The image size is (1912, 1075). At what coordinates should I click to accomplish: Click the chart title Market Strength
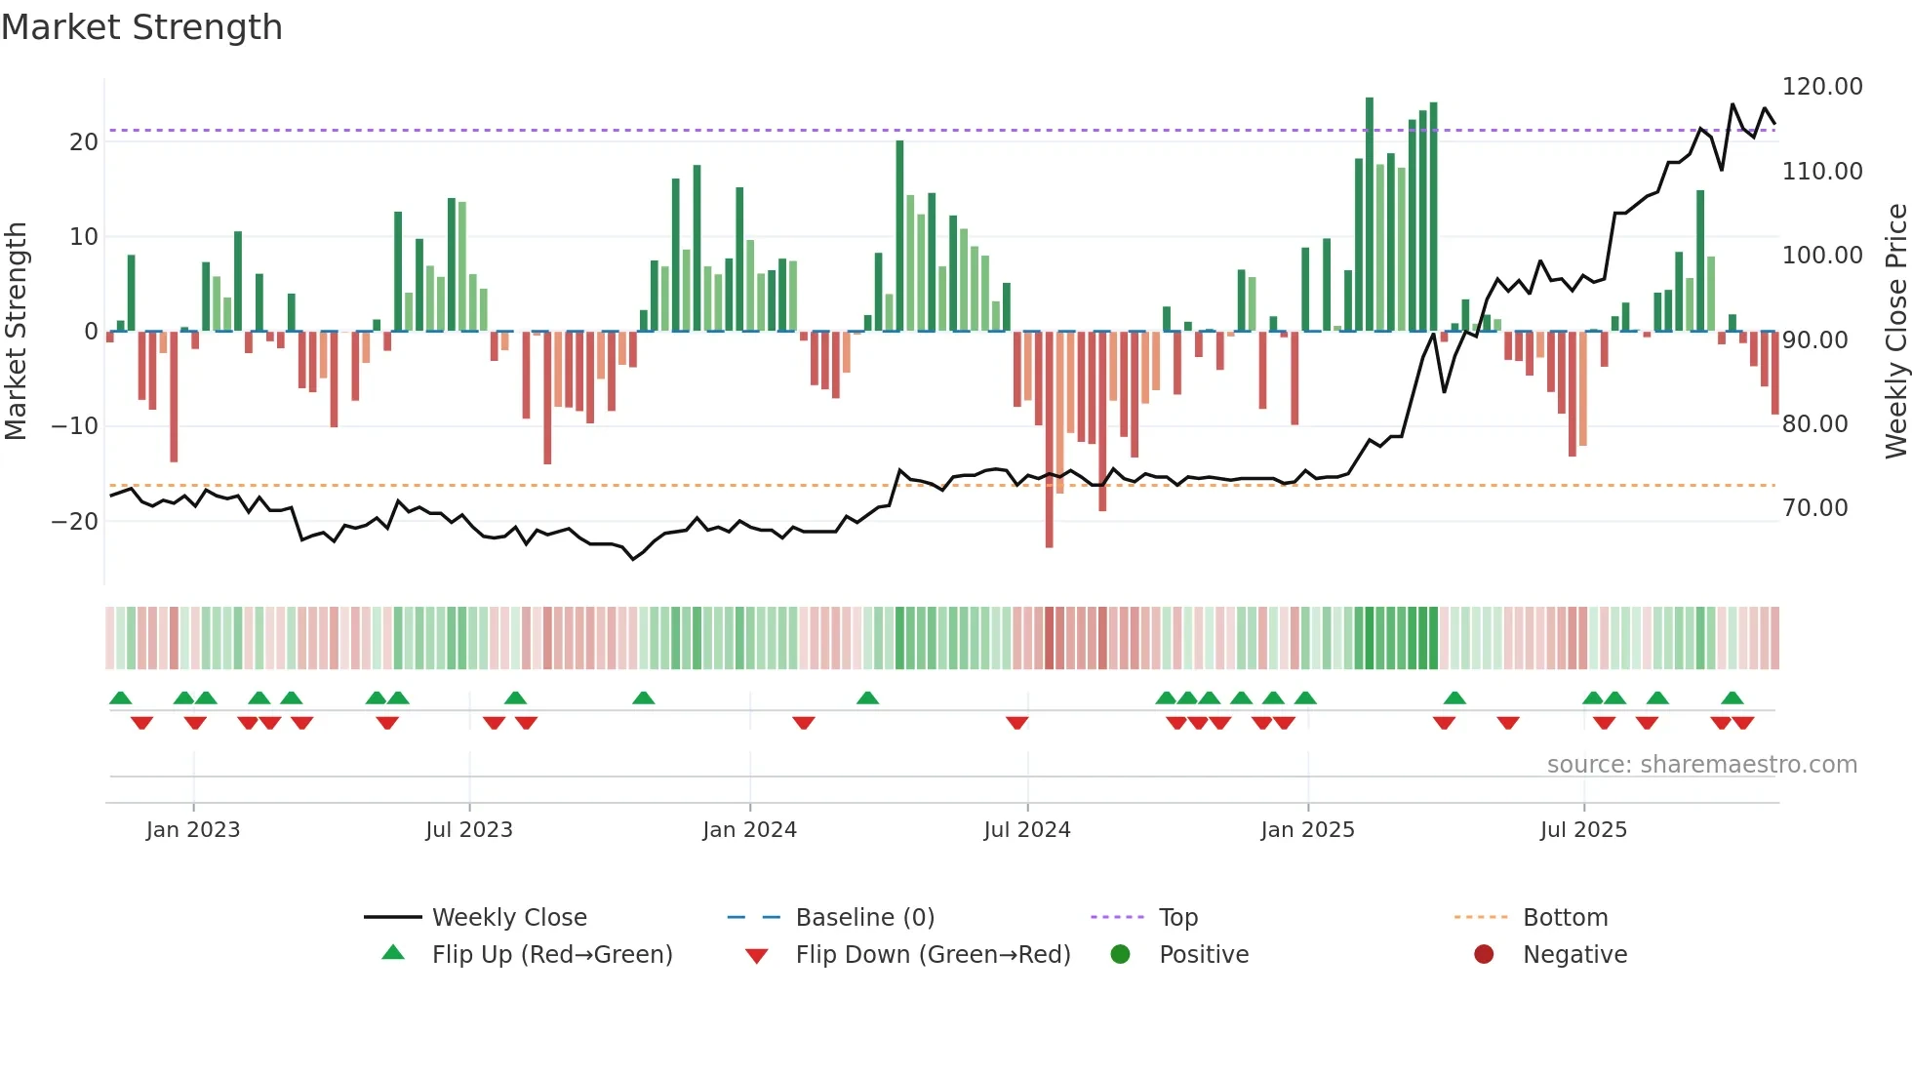coord(141,27)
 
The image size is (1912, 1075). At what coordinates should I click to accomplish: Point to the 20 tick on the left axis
coord(84,142)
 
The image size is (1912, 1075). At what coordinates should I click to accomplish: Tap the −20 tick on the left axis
coord(75,521)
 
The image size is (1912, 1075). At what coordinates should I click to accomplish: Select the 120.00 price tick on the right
coord(1821,87)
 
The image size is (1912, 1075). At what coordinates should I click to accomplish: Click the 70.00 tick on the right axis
coord(1814,508)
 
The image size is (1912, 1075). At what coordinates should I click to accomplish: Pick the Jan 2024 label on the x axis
coord(749,830)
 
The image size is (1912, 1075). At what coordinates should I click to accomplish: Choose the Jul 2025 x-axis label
coord(1583,830)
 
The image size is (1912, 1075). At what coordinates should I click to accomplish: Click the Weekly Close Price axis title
coord(1895,332)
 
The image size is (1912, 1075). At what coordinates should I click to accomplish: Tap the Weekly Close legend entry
coord(508,918)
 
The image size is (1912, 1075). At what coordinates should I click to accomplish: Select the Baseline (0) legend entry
coord(864,918)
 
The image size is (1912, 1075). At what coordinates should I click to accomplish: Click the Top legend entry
coord(1177,918)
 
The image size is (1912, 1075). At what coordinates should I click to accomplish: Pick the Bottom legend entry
coord(1565,918)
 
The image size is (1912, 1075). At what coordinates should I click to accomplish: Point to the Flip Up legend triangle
coord(393,953)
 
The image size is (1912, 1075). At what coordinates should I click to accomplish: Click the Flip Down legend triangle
coord(756,956)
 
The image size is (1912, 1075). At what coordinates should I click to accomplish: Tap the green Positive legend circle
coord(1120,955)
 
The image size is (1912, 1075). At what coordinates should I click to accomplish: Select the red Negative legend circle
coord(1484,955)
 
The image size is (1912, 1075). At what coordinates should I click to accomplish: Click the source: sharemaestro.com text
coord(1701,765)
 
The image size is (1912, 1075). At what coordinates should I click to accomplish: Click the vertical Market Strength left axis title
coord(16,332)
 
